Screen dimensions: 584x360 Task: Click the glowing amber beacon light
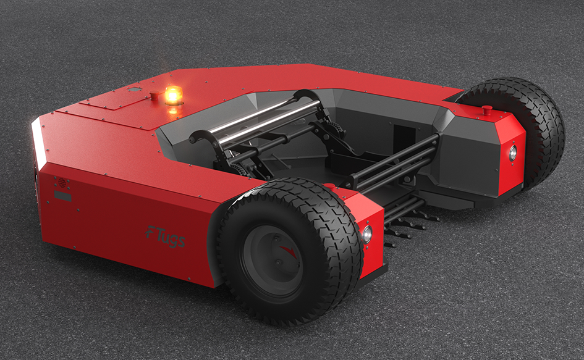coord(174,94)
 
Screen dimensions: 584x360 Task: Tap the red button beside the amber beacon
coord(154,95)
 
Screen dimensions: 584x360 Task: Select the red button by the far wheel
coord(487,109)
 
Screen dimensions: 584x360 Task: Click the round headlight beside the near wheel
coord(367,234)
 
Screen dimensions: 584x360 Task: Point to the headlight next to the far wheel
coord(513,153)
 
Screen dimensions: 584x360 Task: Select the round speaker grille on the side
coord(62,183)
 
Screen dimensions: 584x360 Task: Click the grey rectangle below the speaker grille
coord(62,196)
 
